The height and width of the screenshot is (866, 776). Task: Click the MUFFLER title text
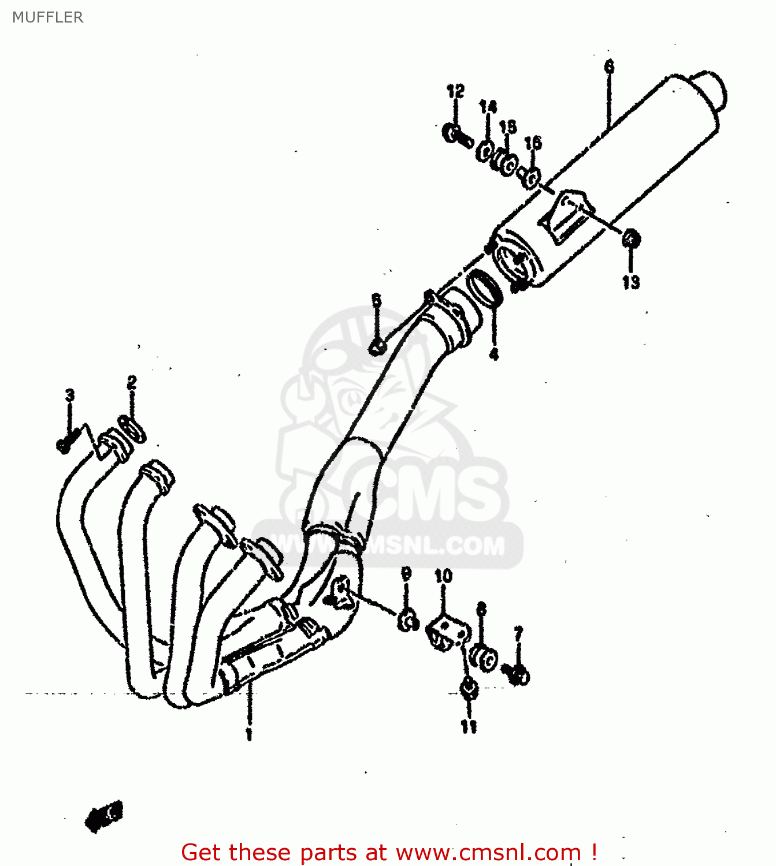[x=47, y=17]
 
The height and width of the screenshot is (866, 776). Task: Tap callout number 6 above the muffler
[x=609, y=67]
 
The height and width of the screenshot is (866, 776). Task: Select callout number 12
[x=455, y=91]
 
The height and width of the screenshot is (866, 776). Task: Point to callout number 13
[x=631, y=282]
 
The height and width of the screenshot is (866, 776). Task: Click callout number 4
[x=494, y=353]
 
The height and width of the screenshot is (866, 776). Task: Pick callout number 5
[x=377, y=300]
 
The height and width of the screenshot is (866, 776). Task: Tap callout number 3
[x=69, y=395]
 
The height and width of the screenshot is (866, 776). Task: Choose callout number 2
[x=132, y=382]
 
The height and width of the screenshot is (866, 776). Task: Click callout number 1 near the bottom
[x=249, y=734]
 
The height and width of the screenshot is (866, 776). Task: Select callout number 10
[x=443, y=576]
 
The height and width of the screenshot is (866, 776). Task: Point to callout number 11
[x=469, y=726]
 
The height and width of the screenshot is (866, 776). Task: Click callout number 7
[x=518, y=634]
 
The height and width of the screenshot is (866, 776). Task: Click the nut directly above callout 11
[x=468, y=689]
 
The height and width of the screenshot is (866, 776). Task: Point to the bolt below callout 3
[x=65, y=444]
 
